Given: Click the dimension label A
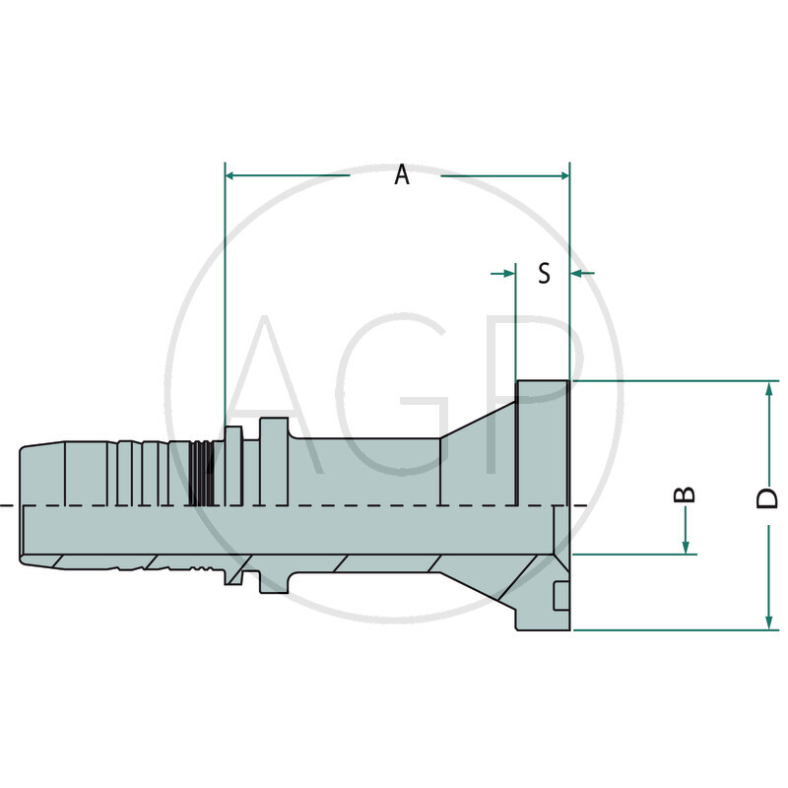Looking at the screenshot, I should click(401, 175).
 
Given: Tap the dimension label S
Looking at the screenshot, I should click(544, 273).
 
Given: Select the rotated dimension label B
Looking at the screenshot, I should click(688, 493).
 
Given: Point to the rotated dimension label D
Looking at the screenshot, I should click(767, 497).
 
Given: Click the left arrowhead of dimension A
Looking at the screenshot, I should click(232, 175).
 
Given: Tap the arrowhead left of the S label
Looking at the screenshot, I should click(509, 272).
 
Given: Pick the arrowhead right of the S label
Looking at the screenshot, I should click(578, 272).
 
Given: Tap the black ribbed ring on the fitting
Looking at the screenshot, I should click(202, 473).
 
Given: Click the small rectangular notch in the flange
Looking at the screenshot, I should click(560, 596).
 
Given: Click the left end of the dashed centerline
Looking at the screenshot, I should click(5, 506).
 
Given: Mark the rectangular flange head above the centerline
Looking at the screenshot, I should click(542, 443).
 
